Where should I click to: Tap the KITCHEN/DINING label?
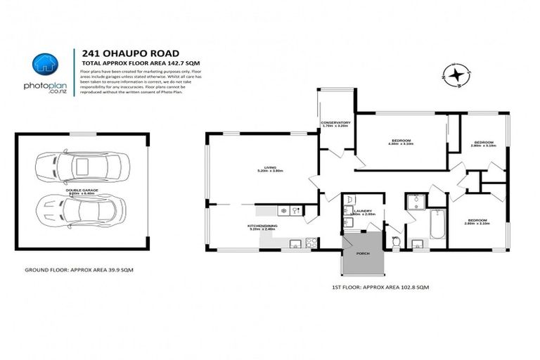tap(262, 226)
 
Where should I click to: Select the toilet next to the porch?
tap(396, 241)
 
